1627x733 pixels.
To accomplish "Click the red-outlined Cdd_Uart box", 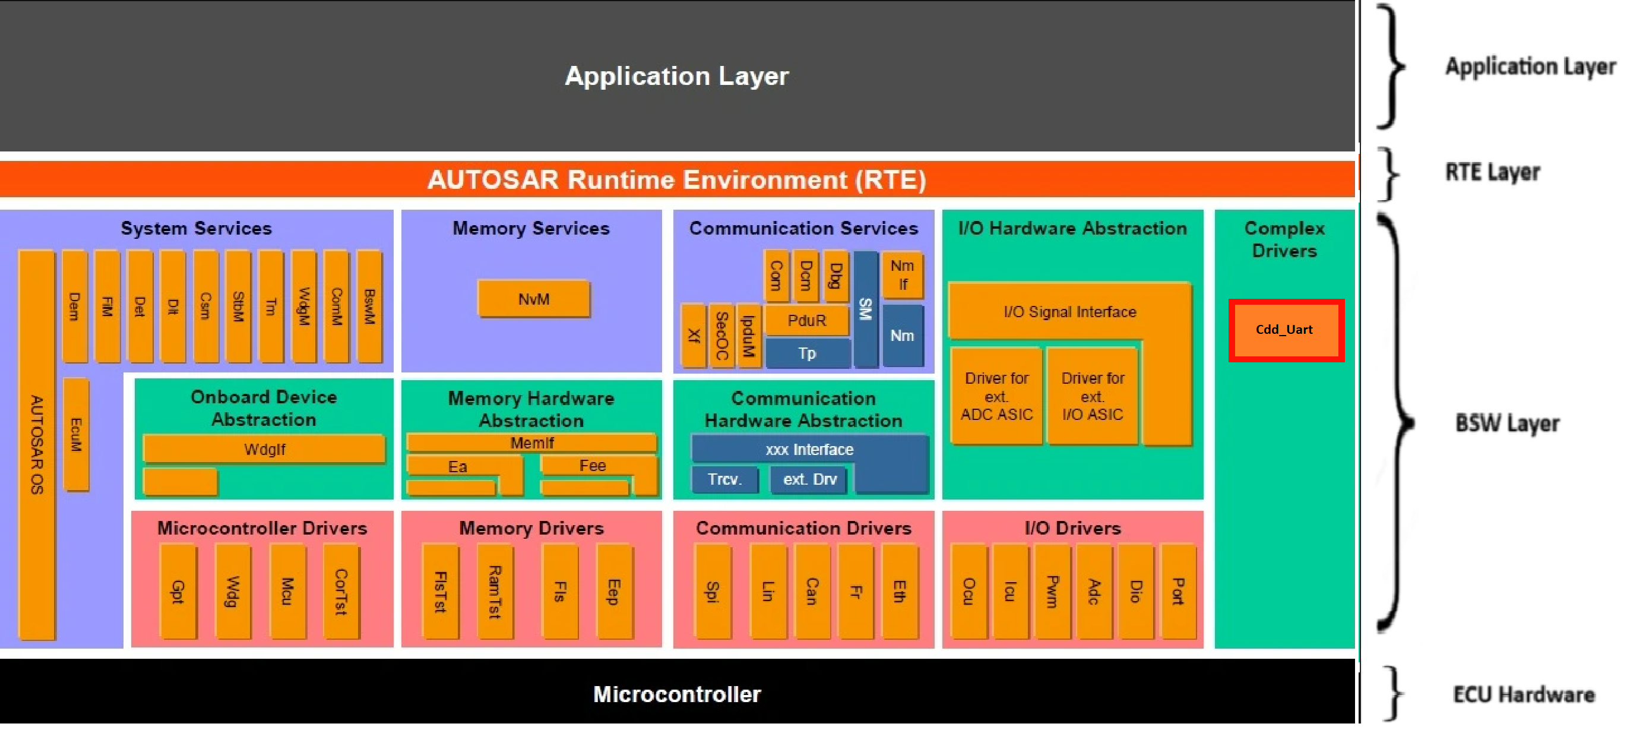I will pos(1286,330).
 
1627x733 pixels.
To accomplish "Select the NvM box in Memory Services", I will pos(534,299).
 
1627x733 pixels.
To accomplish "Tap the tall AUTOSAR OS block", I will pos(37,444).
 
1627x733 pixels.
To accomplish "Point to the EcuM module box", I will pos(76,434).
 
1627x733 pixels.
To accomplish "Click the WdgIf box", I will pos(264,449).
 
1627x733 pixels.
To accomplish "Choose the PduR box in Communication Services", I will pos(806,320).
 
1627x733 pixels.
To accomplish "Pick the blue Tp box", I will pos(806,353).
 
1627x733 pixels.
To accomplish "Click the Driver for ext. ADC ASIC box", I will pos(996,396).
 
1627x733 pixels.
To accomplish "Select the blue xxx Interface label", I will pos(809,449).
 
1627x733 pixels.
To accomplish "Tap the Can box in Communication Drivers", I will pos(812,592).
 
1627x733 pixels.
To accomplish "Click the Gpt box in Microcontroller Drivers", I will pos(178,592).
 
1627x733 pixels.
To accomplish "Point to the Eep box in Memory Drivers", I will pos(613,592).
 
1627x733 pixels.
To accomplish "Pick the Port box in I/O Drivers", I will pos(1178,592).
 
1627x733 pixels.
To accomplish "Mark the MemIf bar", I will pos(532,443).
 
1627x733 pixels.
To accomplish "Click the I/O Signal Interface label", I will pos(1069,311).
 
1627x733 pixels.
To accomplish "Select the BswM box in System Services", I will pos(369,307).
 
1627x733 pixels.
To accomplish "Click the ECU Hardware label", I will pos(1524,694).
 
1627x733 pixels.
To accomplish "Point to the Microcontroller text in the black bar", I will pos(676,694).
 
